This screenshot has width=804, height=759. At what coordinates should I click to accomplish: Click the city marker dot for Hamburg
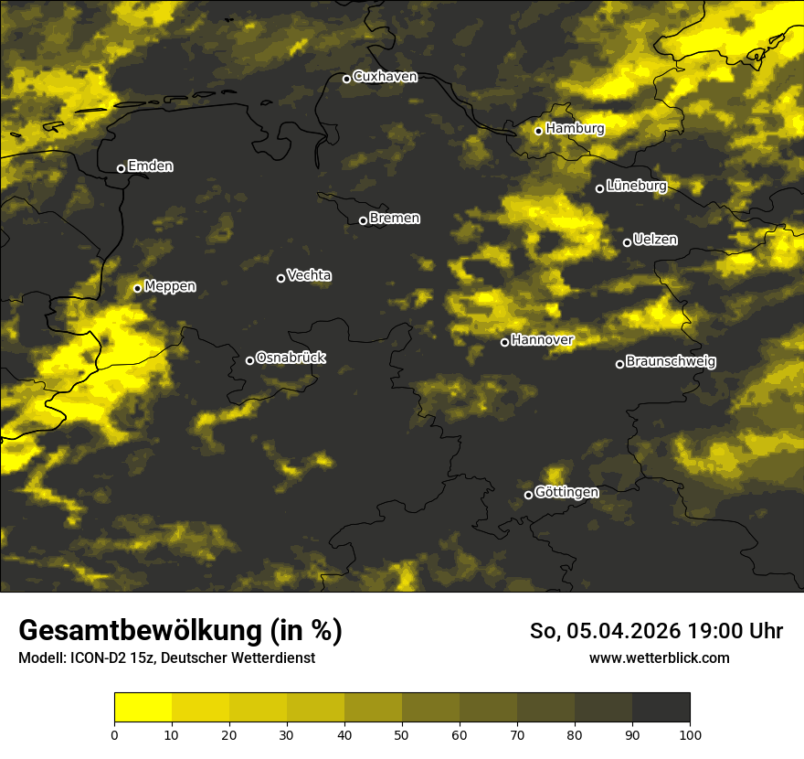tap(539, 131)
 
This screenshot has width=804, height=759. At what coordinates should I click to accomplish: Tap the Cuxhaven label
tap(385, 77)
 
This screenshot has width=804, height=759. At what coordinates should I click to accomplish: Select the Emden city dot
tap(121, 168)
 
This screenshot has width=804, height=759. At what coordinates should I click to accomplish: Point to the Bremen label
tap(395, 219)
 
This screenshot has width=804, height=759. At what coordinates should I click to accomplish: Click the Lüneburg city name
tap(636, 187)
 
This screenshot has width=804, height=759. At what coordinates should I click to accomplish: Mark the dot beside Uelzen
tap(627, 242)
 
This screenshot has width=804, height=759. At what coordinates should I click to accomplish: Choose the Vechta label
tap(309, 275)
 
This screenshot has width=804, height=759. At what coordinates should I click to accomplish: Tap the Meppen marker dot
tap(138, 288)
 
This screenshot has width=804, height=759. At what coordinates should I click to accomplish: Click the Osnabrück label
tap(291, 358)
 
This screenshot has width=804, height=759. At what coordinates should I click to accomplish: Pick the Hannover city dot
tap(504, 342)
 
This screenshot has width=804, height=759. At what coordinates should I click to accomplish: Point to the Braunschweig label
tap(671, 362)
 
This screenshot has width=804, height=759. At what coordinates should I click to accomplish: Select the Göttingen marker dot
tap(528, 495)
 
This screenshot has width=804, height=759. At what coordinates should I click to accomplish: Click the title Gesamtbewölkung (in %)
tap(180, 630)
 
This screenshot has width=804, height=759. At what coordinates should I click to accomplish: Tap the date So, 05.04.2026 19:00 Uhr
tap(656, 631)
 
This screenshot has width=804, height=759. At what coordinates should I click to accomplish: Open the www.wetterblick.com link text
tap(659, 657)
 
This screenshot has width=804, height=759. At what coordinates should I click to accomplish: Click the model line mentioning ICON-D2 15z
tap(166, 657)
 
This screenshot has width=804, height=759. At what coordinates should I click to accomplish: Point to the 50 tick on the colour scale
tap(402, 733)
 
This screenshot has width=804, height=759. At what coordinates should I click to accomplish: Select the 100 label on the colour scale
tap(690, 733)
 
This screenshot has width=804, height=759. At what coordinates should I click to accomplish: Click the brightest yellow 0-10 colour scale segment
tap(143, 707)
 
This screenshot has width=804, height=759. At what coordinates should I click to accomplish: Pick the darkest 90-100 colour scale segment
tap(661, 707)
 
